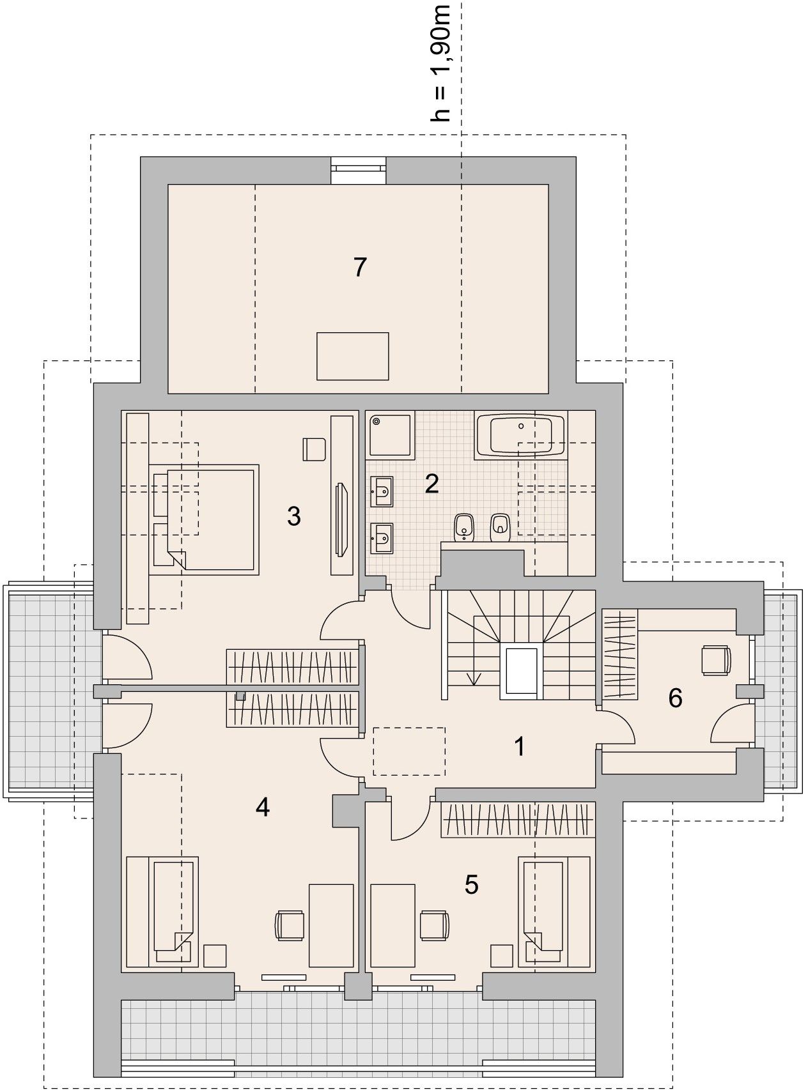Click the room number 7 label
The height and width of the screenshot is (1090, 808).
(x=360, y=267)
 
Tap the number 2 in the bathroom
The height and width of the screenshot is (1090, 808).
(x=431, y=484)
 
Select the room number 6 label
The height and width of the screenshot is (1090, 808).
(x=675, y=698)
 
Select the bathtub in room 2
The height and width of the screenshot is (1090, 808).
(x=521, y=435)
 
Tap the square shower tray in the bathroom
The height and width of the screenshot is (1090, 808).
(x=389, y=434)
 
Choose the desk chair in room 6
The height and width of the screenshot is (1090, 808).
(x=716, y=660)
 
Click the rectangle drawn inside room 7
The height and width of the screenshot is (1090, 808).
(x=353, y=356)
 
